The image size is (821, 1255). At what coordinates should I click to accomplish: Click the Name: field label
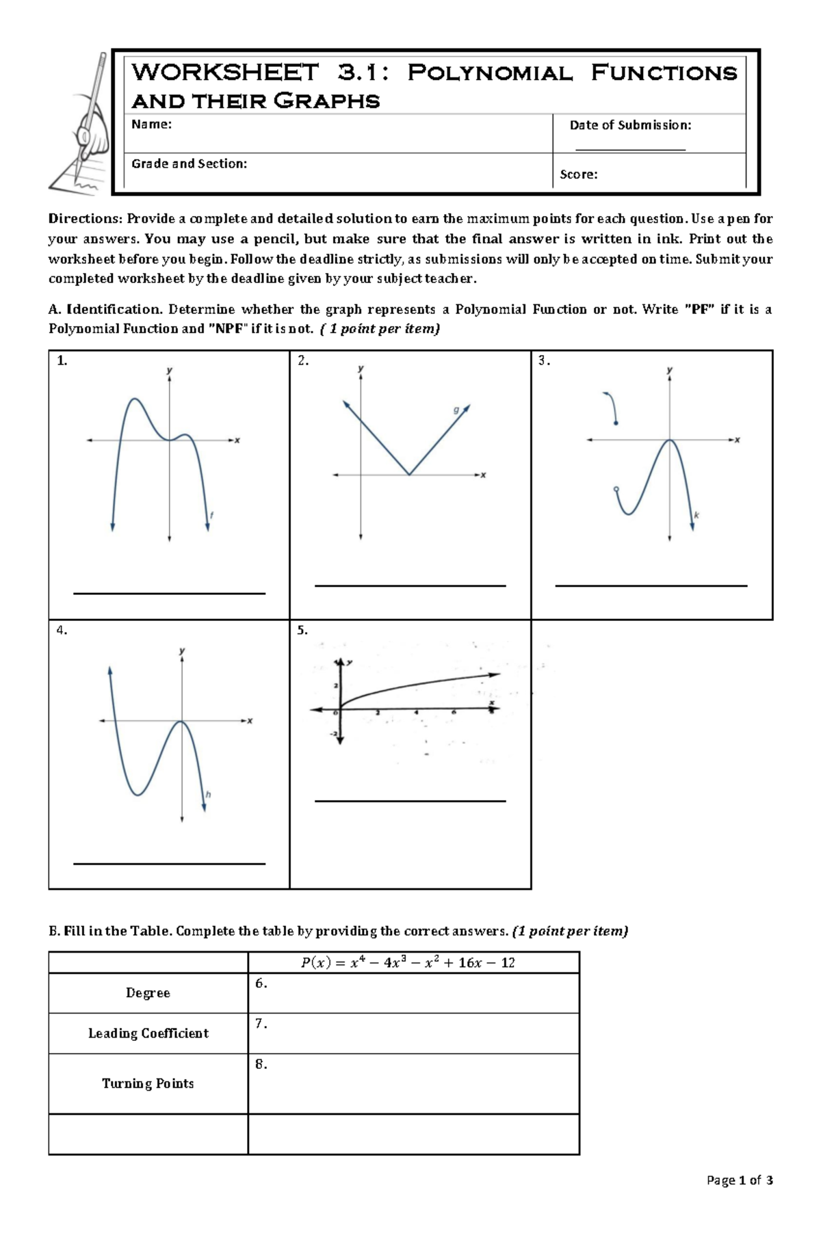pyautogui.click(x=151, y=124)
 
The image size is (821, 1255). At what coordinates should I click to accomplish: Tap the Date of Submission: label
pyautogui.click(x=630, y=125)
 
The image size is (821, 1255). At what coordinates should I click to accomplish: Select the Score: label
pyautogui.click(x=578, y=174)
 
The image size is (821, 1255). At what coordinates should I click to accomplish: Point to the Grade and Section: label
pyautogui.click(x=189, y=163)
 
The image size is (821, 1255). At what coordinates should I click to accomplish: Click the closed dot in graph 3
pyautogui.click(x=616, y=424)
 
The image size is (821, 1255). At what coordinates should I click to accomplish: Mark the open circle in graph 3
pyautogui.click(x=616, y=489)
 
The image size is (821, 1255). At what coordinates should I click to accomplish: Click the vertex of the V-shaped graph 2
pyautogui.click(x=409, y=474)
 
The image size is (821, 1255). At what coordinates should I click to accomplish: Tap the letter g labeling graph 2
pyautogui.click(x=456, y=410)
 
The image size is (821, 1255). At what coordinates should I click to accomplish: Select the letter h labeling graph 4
pyautogui.click(x=208, y=795)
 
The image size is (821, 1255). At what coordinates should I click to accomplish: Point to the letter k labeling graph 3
pyautogui.click(x=696, y=515)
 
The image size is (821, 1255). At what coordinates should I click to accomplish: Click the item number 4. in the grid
pyautogui.click(x=62, y=631)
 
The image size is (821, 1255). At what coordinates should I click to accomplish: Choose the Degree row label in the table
pyautogui.click(x=148, y=993)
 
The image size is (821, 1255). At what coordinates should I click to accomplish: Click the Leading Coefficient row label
pyautogui.click(x=148, y=1033)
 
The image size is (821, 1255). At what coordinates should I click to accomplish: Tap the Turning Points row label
pyautogui.click(x=148, y=1083)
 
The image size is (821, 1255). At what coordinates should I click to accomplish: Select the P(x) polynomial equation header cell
pyautogui.click(x=408, y=963)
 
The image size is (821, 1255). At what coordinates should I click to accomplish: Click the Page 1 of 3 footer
pyautogui.click(x=740, y=1180)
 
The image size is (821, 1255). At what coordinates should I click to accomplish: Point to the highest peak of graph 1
pyautogui.click(x=135, y=399)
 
